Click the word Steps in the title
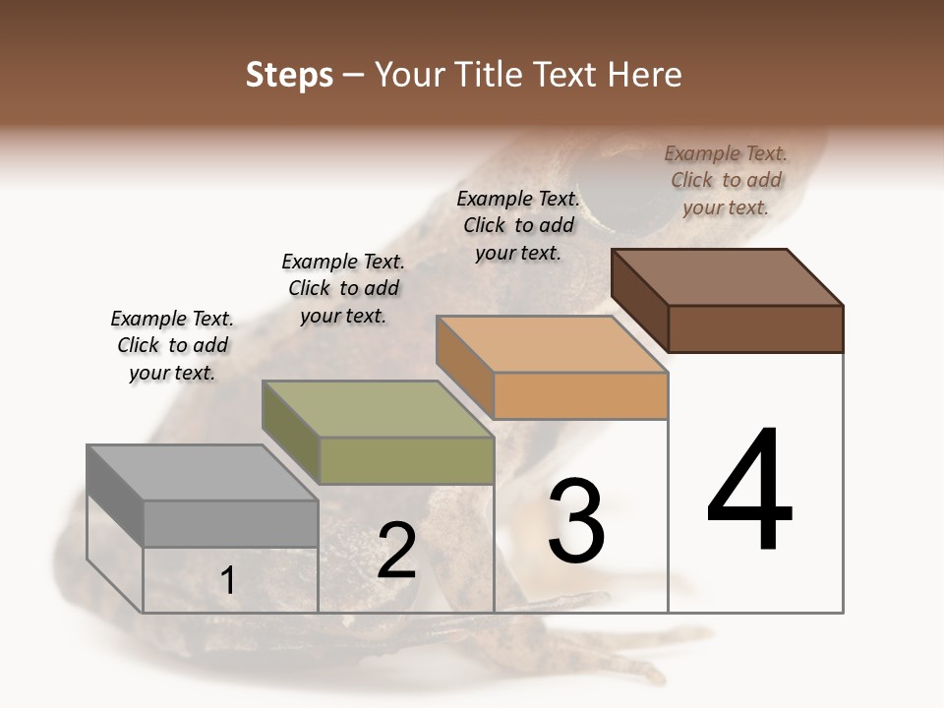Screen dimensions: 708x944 click(289, 75)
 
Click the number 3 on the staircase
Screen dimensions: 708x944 click(576, 521)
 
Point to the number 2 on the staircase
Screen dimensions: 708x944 click(396, 551)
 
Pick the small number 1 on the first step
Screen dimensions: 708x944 click(227, 580)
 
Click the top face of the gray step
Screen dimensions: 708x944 click(202, 473)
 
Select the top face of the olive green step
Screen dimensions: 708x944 click(377, 409)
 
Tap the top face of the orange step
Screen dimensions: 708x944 click(552, 344)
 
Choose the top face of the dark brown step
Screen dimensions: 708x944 click(727, 277)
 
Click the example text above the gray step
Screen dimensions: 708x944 click(172, 345)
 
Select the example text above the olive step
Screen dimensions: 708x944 click(343, 288)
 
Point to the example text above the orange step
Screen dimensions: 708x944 click(518, 225)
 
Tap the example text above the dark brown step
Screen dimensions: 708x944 click(726, 180)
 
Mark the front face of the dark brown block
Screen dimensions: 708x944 click(755, 328)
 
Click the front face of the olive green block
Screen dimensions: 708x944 click(406, 460)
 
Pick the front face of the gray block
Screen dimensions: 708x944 click(230, 523)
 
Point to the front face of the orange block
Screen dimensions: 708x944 click(580, 395)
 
